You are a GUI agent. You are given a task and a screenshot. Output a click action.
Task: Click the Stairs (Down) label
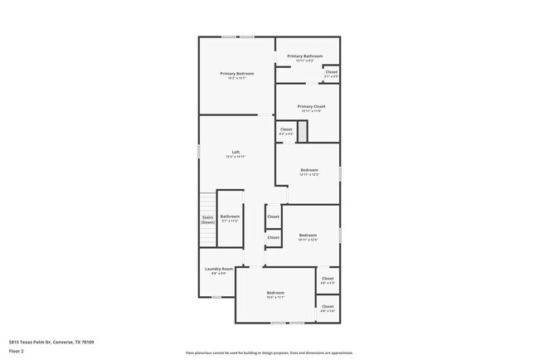(207, 220)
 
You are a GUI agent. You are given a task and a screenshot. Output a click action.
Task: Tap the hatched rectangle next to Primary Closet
(303, 130)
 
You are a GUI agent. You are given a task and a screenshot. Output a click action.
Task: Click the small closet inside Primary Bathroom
(331, 73)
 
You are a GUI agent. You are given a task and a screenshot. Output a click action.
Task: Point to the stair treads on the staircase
(207, 203)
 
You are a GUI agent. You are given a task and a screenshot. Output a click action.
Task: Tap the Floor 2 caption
(16, 351)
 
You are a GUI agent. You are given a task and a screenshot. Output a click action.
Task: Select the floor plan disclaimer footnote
(269, 352)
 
